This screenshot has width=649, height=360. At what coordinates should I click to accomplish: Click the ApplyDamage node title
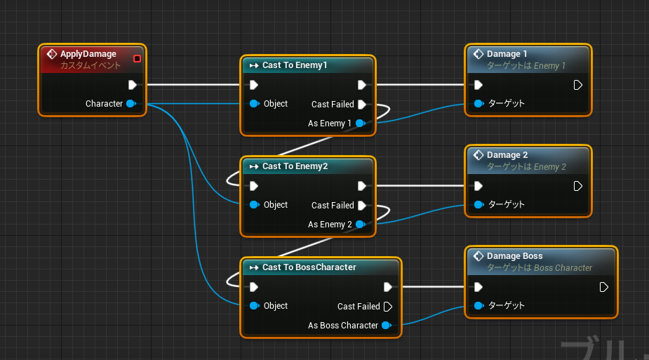[88, 54]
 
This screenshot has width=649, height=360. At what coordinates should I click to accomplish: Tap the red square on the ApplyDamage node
[137, 59]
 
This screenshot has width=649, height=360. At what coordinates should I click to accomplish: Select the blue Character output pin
[131, 103]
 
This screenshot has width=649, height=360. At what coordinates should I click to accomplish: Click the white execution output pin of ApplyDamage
[133, 85]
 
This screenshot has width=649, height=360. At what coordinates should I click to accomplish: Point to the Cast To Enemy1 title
[295, 65]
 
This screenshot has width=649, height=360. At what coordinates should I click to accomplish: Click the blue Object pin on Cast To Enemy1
[255, 103]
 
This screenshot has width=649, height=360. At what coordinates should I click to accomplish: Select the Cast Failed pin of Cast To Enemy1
[362, 105]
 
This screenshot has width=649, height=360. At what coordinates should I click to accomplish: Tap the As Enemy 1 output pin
[361, 123]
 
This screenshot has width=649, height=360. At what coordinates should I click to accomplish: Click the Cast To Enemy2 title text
[295, 166]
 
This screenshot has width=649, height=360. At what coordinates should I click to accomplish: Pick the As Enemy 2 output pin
[361, 224]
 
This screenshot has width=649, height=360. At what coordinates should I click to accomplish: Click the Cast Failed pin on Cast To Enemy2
[362, 205]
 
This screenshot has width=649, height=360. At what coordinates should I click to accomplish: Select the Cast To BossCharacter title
[309, 267]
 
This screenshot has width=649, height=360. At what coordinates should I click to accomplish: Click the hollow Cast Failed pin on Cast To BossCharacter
[388, 306]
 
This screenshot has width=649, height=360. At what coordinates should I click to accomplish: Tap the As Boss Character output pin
[387, 325]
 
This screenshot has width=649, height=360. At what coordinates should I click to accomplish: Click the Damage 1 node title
[507, 54]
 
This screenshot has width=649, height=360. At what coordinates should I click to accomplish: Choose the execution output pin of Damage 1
[578, 85]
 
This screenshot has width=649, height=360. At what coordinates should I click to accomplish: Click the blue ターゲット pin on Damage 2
[479, 204]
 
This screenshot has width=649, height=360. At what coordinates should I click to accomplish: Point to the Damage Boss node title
[514, 256]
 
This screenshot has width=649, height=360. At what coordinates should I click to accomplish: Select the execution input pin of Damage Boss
[479, 287]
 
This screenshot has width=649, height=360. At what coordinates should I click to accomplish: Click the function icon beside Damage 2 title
[479, 155]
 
